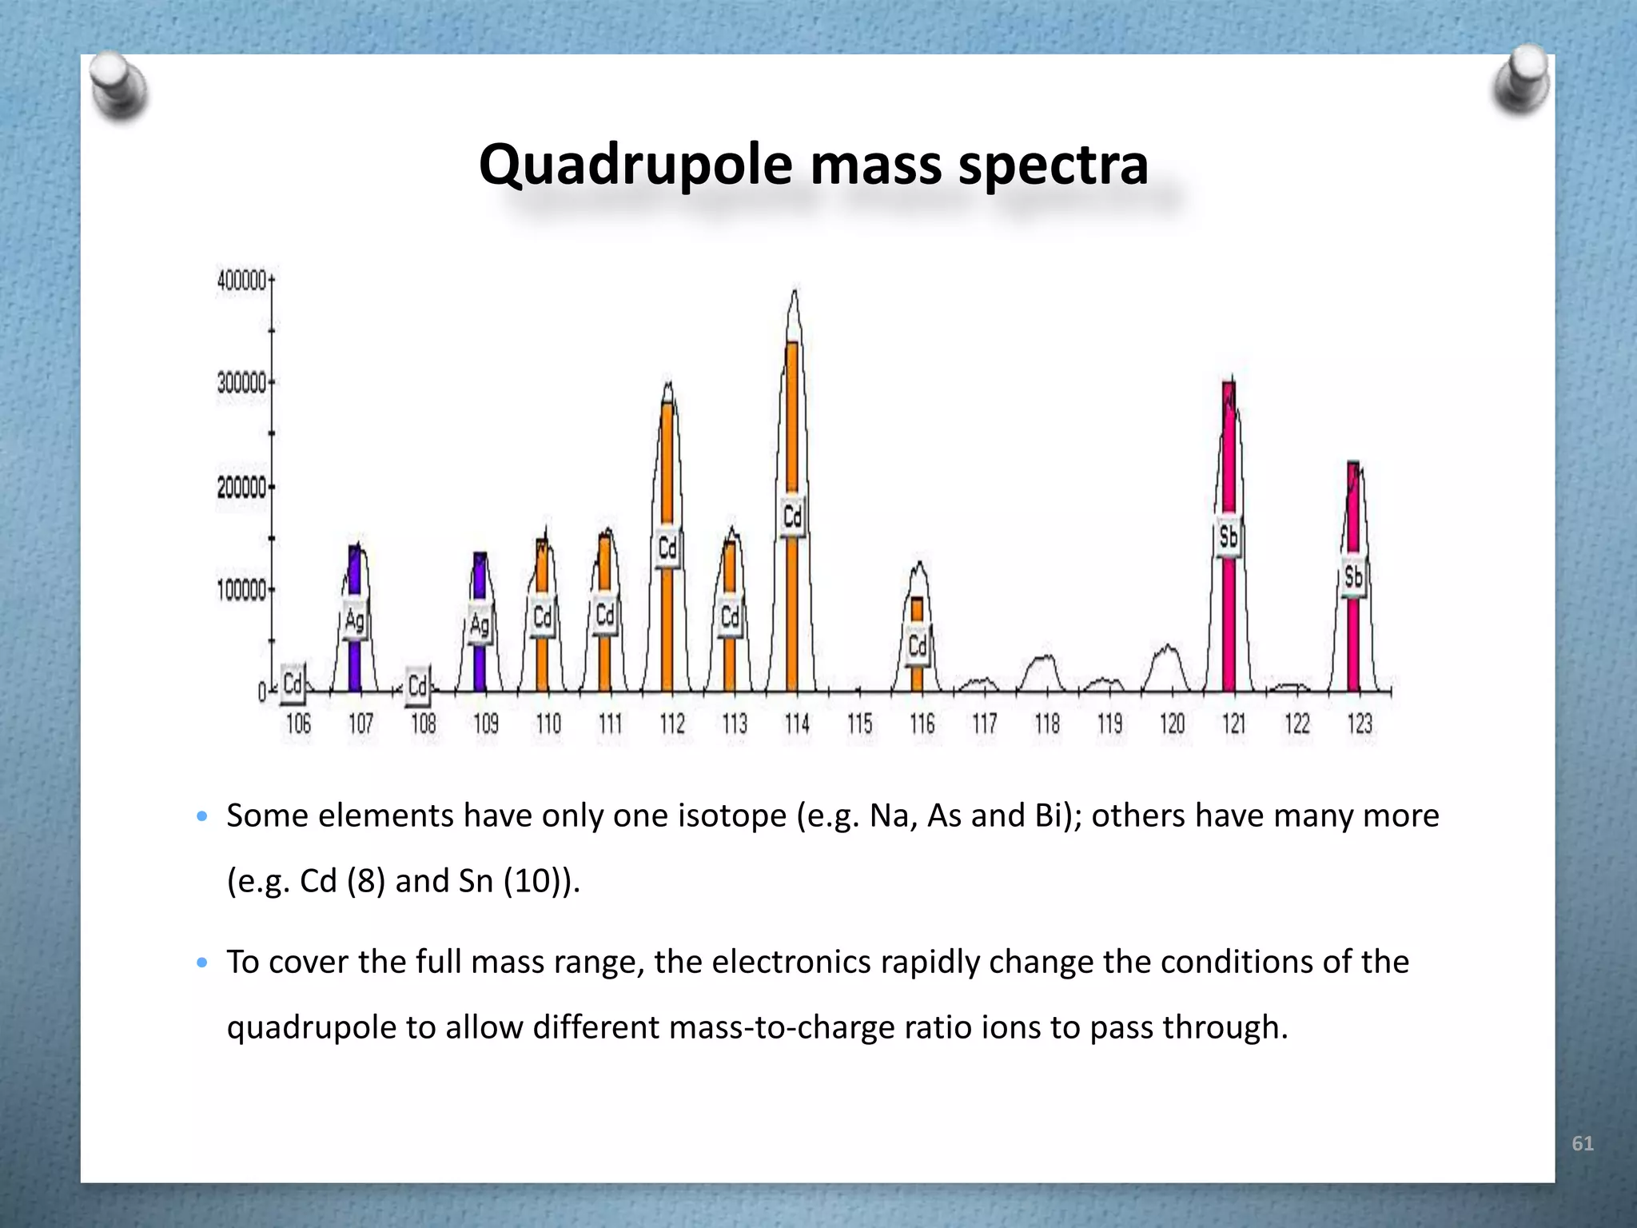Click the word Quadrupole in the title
635,165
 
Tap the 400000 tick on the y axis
241,281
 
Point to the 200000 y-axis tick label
241,488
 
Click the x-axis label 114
797,724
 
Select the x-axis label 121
1234,724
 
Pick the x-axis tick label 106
298,724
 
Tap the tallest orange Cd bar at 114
792,424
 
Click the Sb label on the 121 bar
1229,537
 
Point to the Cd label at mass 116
917,645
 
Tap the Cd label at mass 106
293,684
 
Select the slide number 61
1582,1144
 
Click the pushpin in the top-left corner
117,86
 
